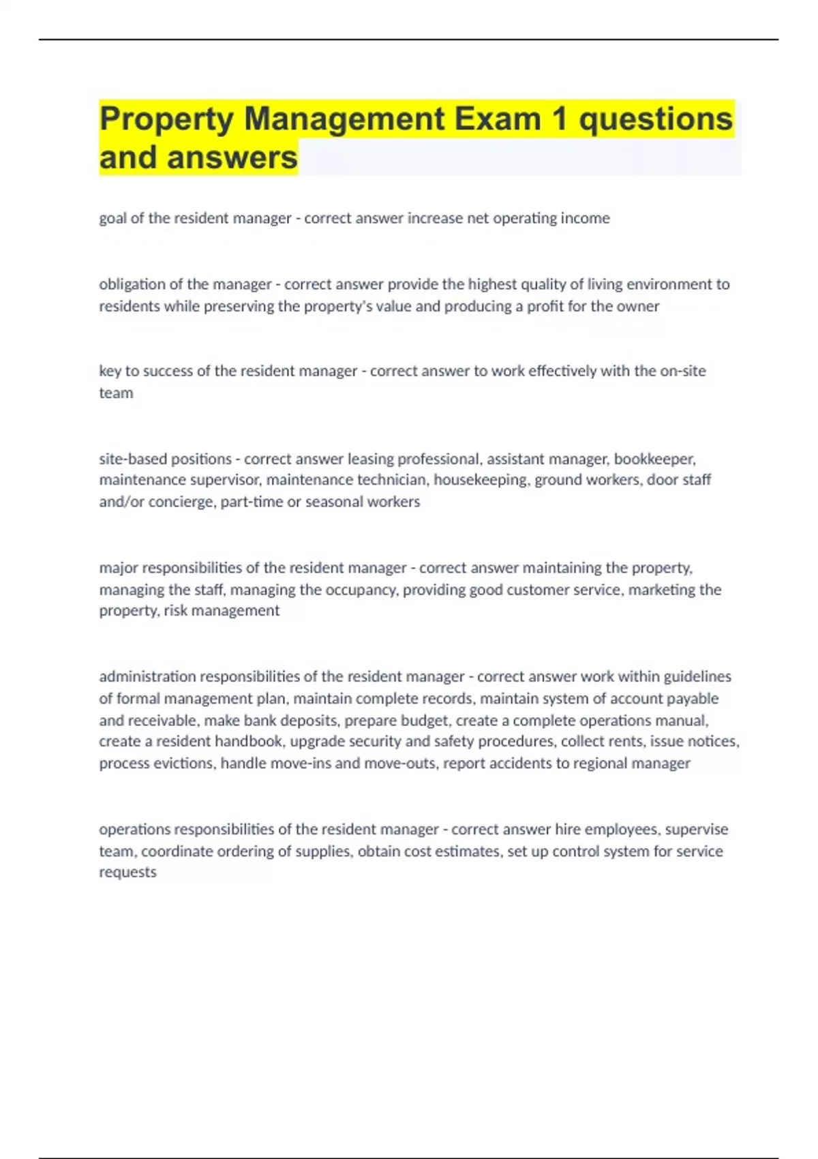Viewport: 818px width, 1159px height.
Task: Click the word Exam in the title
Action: pos(498,119)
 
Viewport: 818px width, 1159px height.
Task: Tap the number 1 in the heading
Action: pos(560,119)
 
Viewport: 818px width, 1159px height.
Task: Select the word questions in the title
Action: pos(655,119)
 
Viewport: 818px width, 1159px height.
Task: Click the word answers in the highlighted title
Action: pos(232,157)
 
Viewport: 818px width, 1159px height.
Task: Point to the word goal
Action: pos(112,218)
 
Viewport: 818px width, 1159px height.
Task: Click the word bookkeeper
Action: pos(654,459)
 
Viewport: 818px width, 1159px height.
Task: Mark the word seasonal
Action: pos(333,502)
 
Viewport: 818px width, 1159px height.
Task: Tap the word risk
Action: pos(175,610)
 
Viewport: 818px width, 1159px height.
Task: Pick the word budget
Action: pos(425,721)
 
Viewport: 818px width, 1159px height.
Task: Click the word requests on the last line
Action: pos(127,872)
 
